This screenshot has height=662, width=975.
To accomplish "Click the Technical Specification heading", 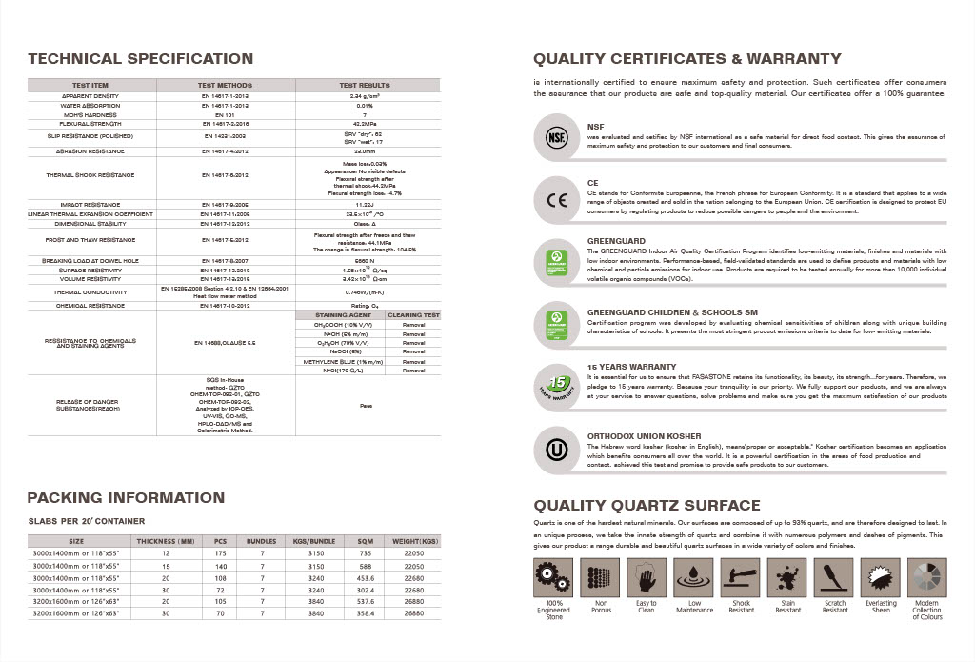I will [x=140, y=59].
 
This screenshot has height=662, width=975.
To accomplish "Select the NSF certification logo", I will [x=555, y=135].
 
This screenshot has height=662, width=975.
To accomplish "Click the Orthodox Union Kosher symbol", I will [x=555, y=449].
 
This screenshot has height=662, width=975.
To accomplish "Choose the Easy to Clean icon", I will [x=647, y=577].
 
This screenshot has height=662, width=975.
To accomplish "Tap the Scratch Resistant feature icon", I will [x=835, y=577].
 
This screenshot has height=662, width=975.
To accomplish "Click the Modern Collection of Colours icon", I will [x=927, y=577].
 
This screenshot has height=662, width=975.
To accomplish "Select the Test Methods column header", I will [x=226, y=86].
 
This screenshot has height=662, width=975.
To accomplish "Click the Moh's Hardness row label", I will [x=90, y=114].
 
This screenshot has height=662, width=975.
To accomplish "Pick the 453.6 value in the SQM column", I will [x=366, y=577].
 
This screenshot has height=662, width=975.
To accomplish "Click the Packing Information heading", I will [x=126, y=498].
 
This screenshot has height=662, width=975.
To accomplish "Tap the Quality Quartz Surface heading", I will [x=647, y=505].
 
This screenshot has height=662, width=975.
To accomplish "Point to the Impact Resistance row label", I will [x=90, y=205].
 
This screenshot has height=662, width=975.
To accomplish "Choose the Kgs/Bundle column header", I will [x=313, y=541].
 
